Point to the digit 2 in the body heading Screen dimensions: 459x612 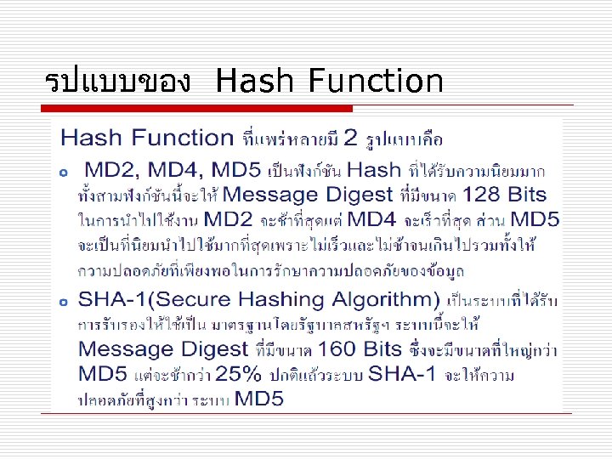click(x=348, y=138)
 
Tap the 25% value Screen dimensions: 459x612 click(x=243, y=374)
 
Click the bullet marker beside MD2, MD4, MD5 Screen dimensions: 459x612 click(x=64, y=173)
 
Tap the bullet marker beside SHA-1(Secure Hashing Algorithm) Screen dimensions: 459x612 click(x=64, y=303)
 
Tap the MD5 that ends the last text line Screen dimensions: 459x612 click(x=259, y=399)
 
